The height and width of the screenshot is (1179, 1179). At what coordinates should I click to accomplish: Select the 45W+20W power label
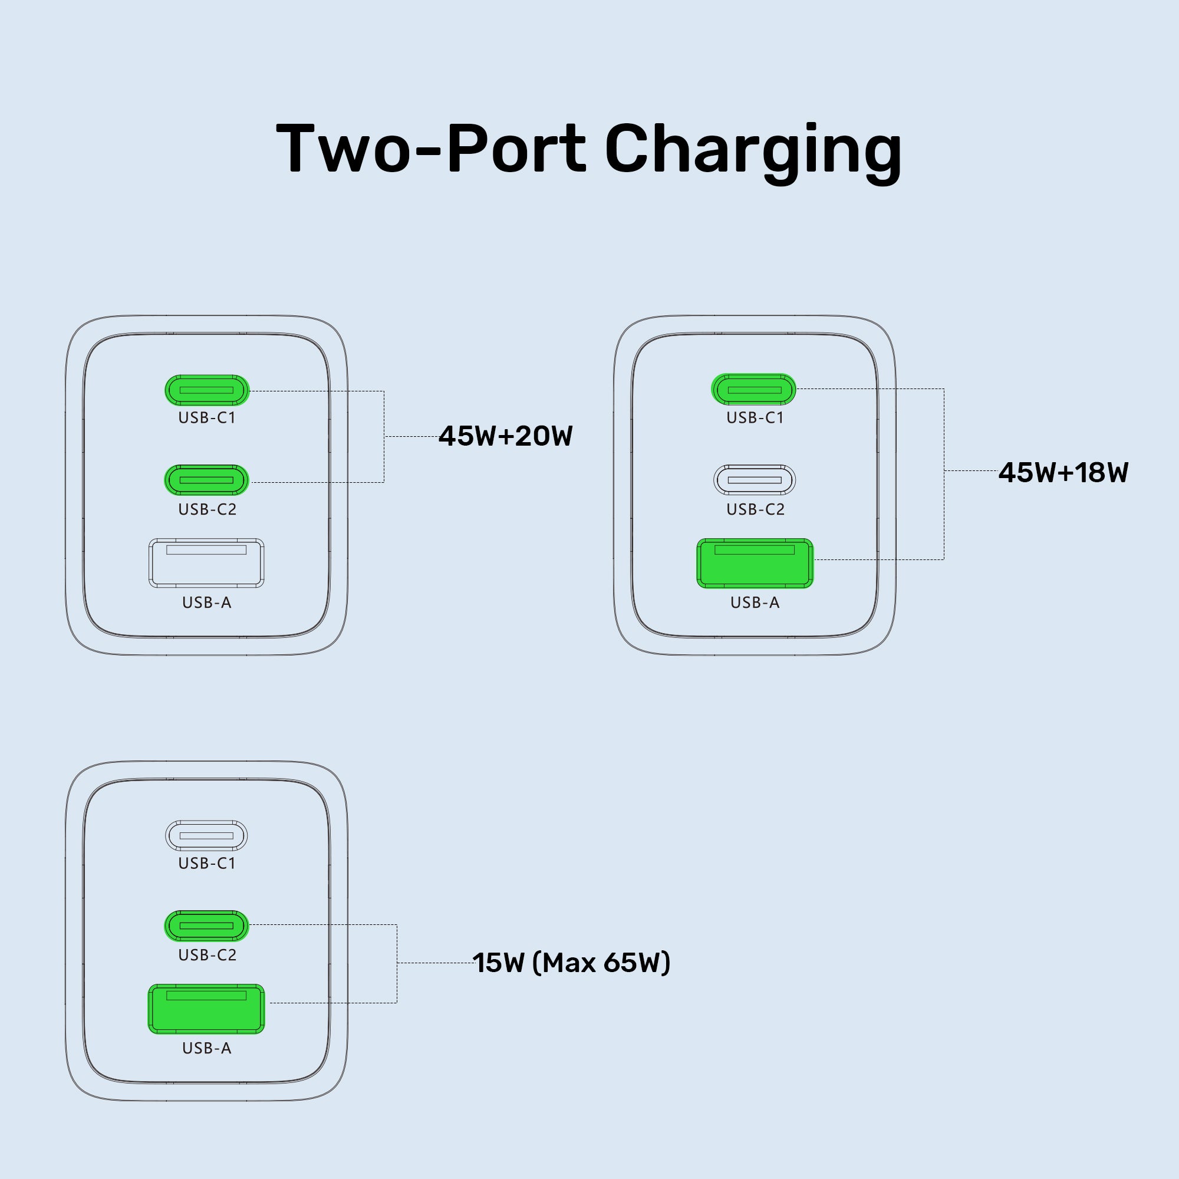click(505, 436)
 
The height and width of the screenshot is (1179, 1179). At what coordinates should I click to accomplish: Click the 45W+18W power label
click(1063, 473)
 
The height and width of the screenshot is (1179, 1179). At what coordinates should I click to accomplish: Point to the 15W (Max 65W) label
click(571, 963)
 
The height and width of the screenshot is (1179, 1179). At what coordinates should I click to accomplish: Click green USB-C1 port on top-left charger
click(207, 390)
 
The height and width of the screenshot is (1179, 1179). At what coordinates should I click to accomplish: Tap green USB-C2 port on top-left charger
click(207, 480)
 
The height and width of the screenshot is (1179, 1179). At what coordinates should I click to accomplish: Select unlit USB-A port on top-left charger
click(207, 563)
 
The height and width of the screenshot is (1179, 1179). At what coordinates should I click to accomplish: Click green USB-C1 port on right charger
click(755, 389)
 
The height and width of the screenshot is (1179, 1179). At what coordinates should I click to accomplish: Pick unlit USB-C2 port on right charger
click(755, 480)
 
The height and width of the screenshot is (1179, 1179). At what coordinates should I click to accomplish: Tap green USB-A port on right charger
click(755, 563)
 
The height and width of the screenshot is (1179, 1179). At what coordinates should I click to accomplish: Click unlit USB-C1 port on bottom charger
click(207, 835)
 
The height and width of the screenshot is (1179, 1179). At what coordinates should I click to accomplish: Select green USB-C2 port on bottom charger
click(207, 926)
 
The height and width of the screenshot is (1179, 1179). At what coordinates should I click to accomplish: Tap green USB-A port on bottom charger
click(207, 1009)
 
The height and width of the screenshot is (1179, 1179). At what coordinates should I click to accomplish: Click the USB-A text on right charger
click(755, 603)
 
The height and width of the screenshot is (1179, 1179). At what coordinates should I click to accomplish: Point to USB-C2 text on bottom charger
click(207, 955)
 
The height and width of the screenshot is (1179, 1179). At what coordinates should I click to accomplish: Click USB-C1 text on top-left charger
click(207, 418)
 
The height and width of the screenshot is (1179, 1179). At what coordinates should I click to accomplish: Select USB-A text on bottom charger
click(207, 1048)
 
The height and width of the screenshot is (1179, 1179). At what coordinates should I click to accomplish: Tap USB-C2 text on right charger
click(755, 509)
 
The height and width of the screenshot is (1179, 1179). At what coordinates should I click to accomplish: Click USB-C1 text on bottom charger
click(207, 864)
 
